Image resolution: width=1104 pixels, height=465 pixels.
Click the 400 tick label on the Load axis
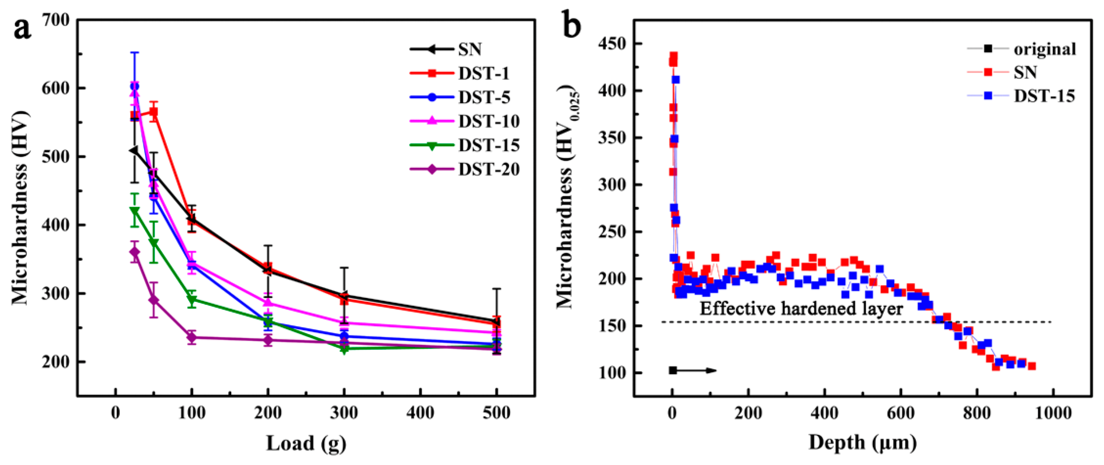[x=420, y=413]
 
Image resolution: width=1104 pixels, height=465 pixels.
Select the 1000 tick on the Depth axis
[x=1053, y=413]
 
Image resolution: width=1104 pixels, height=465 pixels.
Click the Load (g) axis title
[x=306, y=443]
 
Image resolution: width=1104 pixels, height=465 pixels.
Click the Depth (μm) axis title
[x=863, y=442]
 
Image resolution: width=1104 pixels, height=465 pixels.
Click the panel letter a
[x=22, y=29]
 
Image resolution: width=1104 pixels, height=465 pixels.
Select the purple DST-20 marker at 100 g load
[x=191, y=338]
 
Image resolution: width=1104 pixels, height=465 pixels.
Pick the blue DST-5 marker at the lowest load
[x=134, y=86]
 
